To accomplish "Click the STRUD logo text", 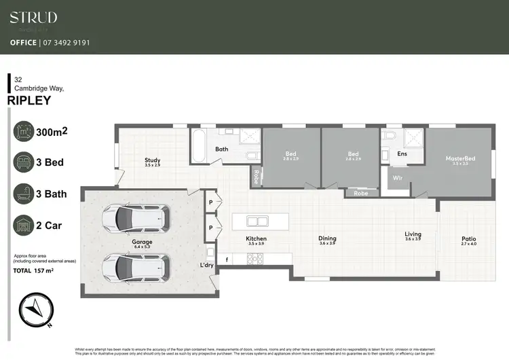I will click(x=33, y=18).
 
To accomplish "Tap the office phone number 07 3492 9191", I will click(x=68, y=42).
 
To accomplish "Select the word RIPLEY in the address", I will click(x=29, y=101).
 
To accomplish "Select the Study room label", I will click(x=152, y=160).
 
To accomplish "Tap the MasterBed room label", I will click(x=460, y=159).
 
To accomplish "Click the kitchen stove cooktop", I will click(x=256, y=258).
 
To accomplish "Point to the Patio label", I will click(x=469, y=238).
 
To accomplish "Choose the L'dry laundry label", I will click(x=206, y=265).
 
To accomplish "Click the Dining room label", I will click(x=327, y=238).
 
